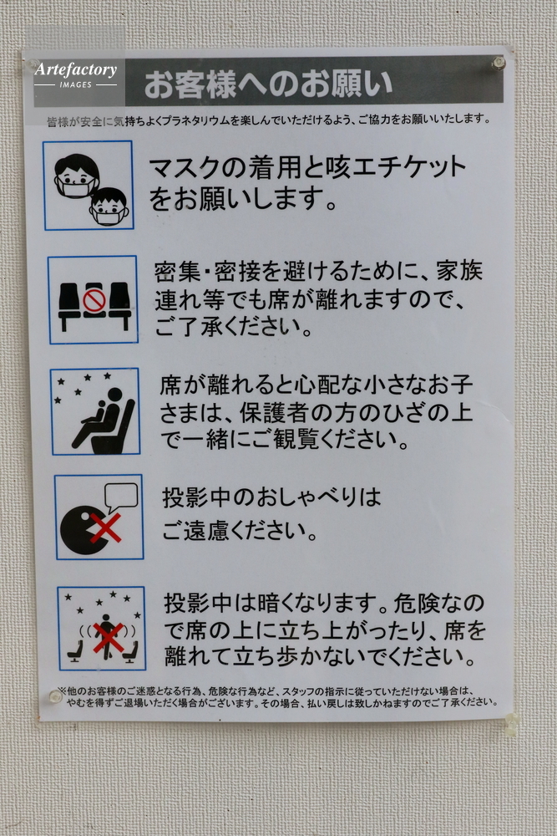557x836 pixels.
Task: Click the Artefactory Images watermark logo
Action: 76,74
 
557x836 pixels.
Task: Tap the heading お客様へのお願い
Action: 268,84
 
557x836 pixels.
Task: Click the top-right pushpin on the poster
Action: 499,63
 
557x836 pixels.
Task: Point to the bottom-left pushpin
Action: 55,696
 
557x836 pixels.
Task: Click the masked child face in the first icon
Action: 109,206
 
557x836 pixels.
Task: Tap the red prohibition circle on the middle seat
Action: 94,301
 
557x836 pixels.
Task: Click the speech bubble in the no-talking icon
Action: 121,497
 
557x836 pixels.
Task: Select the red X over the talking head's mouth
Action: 105,528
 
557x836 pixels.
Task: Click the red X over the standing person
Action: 108,638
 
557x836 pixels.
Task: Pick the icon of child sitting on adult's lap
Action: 96,411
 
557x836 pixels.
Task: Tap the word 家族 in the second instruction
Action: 459,270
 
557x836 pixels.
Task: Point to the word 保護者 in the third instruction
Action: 274,412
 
